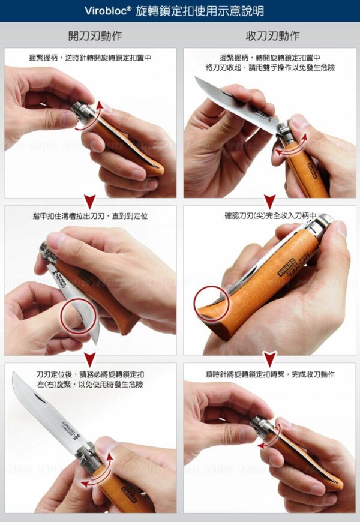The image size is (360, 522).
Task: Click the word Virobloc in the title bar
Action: point(107,11)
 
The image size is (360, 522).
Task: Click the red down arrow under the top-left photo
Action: point(90,202)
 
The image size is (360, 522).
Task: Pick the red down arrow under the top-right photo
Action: point(269,202)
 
